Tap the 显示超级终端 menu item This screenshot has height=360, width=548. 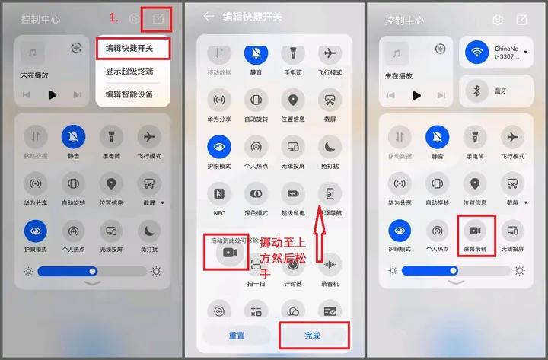[x=129, y=72]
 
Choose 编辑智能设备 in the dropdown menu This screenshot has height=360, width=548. [x=129, y=94]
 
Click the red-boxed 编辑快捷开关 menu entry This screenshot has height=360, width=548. [x=129, y=48]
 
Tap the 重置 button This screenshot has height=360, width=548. [x=237, y=335]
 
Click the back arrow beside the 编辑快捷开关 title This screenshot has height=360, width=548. [x=209, y=16]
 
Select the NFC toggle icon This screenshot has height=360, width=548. [x=219, y=192]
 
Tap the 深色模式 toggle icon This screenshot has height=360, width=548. [x=256, y=192]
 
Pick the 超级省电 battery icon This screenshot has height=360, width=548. [x=293, y=192]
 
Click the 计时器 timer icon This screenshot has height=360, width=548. [x=293, y=264]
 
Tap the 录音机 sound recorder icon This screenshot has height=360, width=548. [x=330, y=264]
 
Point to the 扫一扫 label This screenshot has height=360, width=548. [x=256, y=284]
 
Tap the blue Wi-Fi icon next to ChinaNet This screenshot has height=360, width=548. [x=477, y=53]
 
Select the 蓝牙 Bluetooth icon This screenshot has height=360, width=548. [x=477, y=91]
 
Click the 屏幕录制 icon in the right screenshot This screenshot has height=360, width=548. [x=476, y=230]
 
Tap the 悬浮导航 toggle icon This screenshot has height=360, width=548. [x=330, y=192]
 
